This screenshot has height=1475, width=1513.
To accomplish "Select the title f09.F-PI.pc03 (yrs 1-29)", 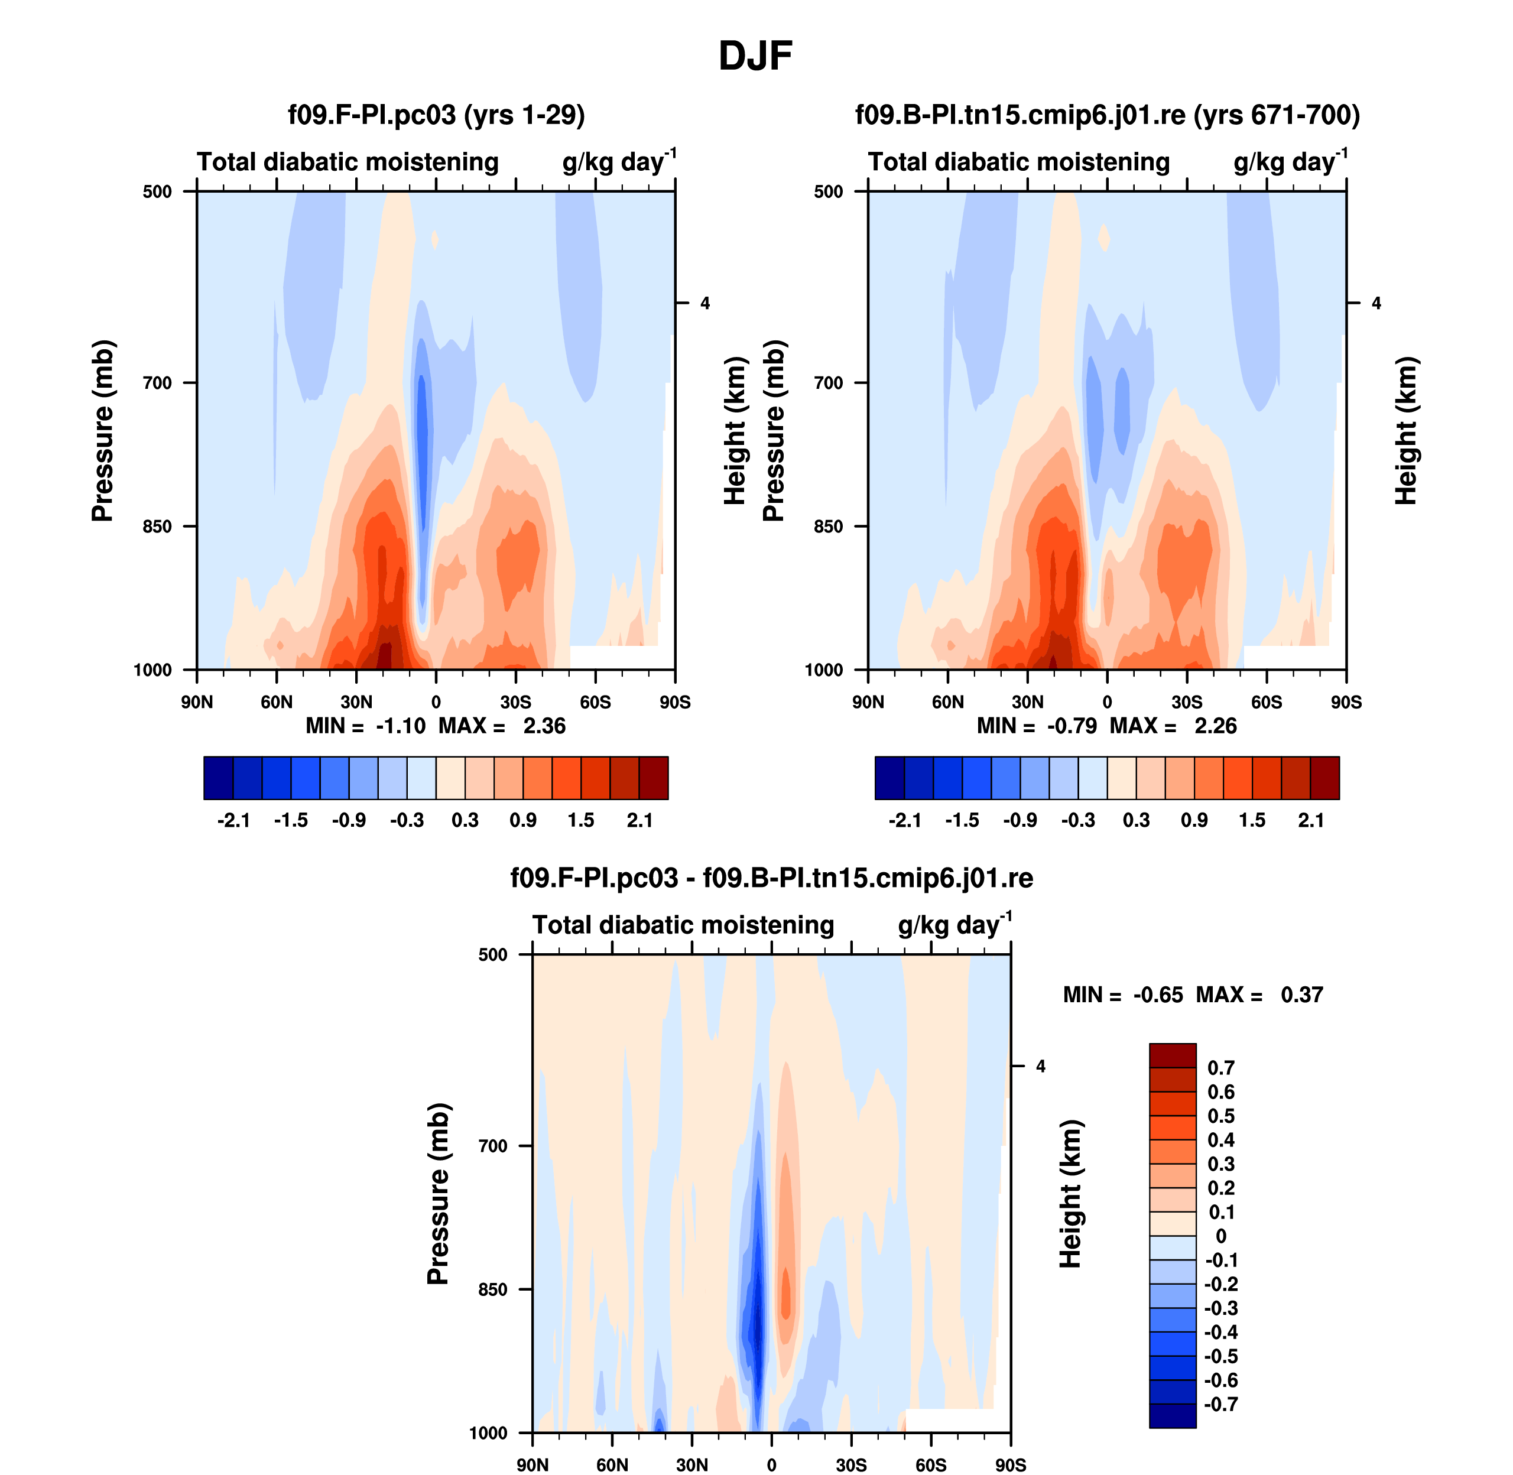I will pyautogui.click(x=436, y=115).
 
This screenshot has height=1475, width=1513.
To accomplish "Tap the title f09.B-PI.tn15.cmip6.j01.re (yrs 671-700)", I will pyautogui.click(x=1107, y=115).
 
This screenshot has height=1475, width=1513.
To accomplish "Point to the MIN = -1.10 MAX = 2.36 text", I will pyautogui.click(x=436, y=726).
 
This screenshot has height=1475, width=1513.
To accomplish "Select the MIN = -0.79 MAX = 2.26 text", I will pyautogui.click(x=1106, y=726).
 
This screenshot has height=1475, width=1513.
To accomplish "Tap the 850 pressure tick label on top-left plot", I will pyautogui.click(x=157, y=527).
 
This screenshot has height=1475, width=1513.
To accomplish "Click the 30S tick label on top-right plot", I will pyautogui.click(x=1187, y=703).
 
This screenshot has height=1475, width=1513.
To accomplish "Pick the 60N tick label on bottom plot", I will pyautogui.click(x=612, y=1465).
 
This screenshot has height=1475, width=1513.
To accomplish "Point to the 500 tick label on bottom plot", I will pyautogui.click(x=493, y=955).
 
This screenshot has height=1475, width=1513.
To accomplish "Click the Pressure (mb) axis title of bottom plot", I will pyautogui.click(x=439, y=1194).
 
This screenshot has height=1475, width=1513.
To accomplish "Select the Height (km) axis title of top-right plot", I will pyautogui.click(x=1405, y=431).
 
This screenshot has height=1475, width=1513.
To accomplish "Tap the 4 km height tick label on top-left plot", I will pyautogui.click(x=705, y=304).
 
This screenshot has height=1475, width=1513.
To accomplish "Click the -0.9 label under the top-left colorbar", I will pyautogui.click(x=349, y=820).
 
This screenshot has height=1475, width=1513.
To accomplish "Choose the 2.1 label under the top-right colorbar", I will pyautogui.click(x=1311, y=820).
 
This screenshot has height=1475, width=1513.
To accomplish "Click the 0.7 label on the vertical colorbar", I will pyautogui.click(x=1221, y=1068).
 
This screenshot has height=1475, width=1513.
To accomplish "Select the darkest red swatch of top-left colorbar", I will pyautogui.click(x=653, y=778).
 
